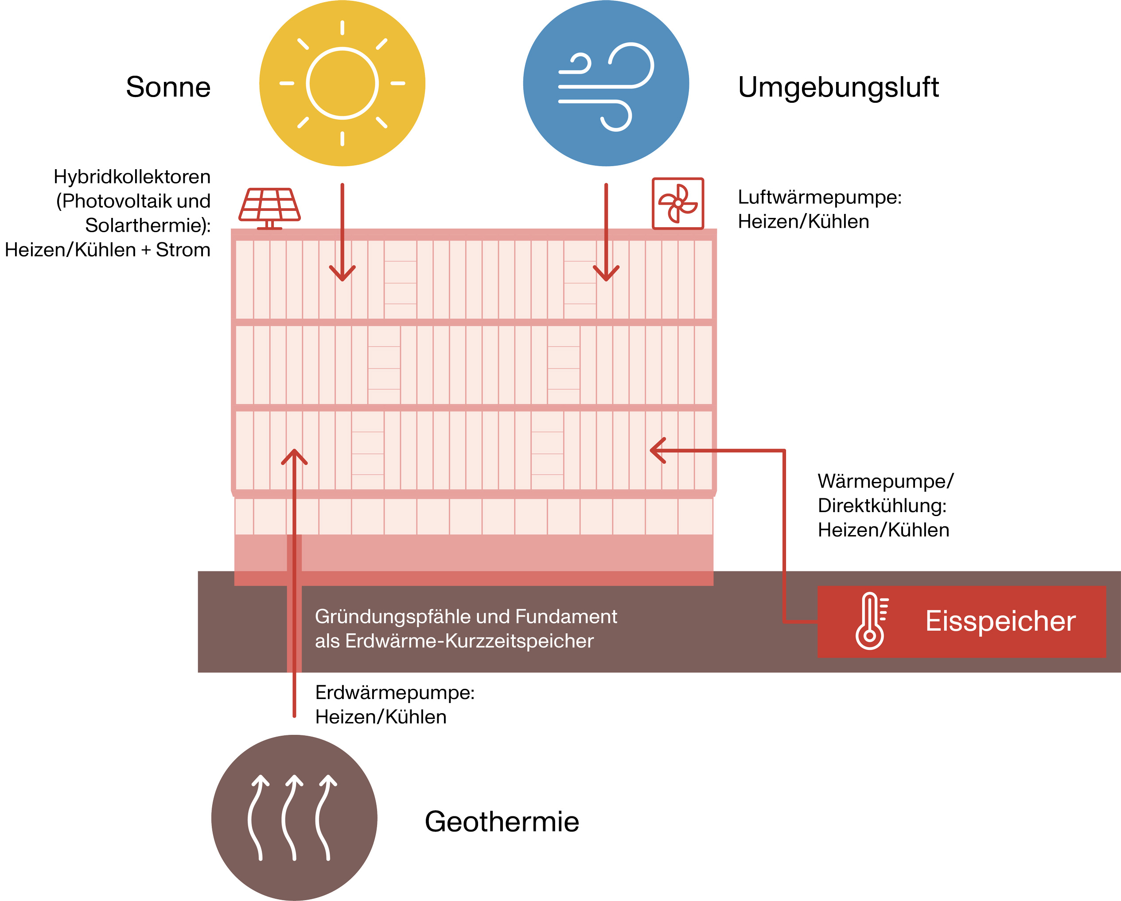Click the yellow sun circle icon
point(342,83)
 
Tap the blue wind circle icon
point(606,83)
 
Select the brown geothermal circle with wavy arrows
point(294,817)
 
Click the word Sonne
point(168,87)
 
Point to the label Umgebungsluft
point(838,87)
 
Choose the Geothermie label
point(502,821)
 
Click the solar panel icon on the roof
point(269,207)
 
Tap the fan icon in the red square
point(677,203)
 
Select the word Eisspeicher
point(1000,621)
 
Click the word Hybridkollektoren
point(132,177)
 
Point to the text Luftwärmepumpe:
point(819,198)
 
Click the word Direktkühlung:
point(882,505)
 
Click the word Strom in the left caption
point(183,250)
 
